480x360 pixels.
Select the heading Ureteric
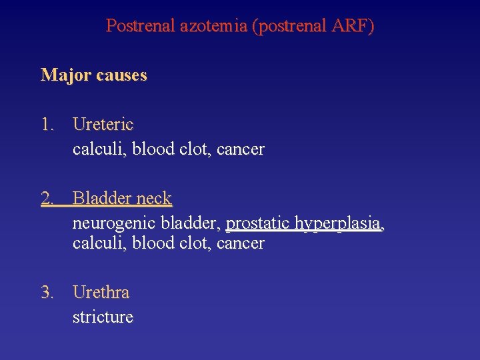coord(103,125)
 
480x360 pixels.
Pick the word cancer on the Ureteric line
coord(240,149)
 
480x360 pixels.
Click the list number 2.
coord(47,199)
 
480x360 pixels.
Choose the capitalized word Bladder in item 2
coord(101,199)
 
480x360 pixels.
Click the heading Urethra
coord(101,293)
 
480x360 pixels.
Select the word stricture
coord(103,317)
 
